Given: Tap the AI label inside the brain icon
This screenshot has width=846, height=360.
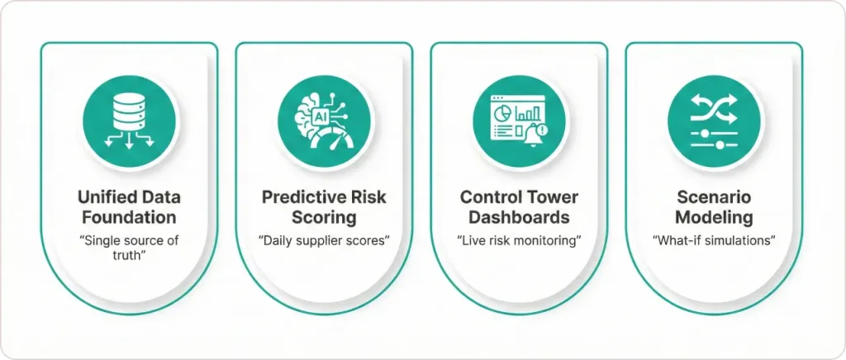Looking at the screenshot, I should (319, 116).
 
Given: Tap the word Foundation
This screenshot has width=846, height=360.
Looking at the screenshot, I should (129, 218).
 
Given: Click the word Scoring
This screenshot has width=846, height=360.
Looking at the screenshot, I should (324, 218).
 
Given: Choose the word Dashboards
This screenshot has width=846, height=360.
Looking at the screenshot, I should (519, 218).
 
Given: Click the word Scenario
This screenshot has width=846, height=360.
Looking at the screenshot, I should (714, 197).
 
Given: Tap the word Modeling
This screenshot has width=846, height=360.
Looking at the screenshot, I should (714, 218).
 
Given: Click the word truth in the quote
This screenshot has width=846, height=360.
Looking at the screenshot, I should (129, 256).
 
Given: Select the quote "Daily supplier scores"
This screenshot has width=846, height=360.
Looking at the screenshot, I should (324, 240).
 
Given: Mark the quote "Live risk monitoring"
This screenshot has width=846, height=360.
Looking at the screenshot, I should (519, 240).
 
